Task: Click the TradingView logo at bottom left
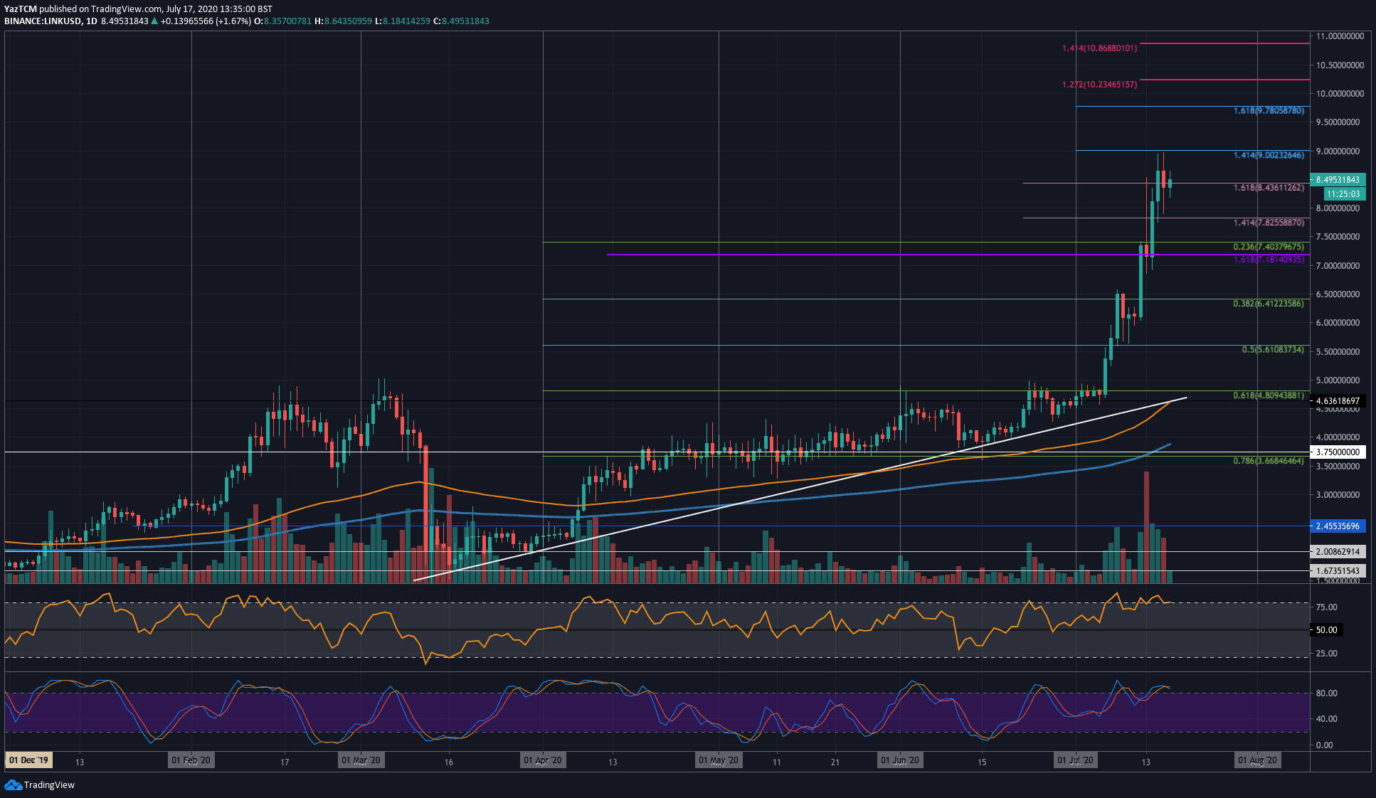click(x=40, y=784)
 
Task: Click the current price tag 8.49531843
click(x=1337, y=180)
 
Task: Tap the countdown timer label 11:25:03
click(x=1343, y=193)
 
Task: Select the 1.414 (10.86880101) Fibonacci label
click(x=1099, y=48)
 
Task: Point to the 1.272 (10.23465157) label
click(x=1099, y=85)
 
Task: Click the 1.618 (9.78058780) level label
click(x=1269, y=111)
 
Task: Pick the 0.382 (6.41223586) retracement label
click(x=1269, y=304)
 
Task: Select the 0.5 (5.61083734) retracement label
click(x=1273, y=350)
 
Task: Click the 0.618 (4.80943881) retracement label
click(x=1269, y=395)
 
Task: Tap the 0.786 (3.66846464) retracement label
click(x=1269, y=461)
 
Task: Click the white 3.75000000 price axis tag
click(x=1338, y=452)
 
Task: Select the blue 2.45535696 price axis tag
click(x=1338, y=526)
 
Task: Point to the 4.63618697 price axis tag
click(x=1338, y=401)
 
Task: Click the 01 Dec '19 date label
click(x=28, y=760)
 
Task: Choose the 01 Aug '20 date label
click(x=1257, y=760)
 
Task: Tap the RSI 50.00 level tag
click(x=1326, y=630)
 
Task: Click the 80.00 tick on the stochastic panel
click(x=1326, y=693)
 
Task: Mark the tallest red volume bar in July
click(x=1146, y=526)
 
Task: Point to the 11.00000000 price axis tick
click(x=1339, y=36)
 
